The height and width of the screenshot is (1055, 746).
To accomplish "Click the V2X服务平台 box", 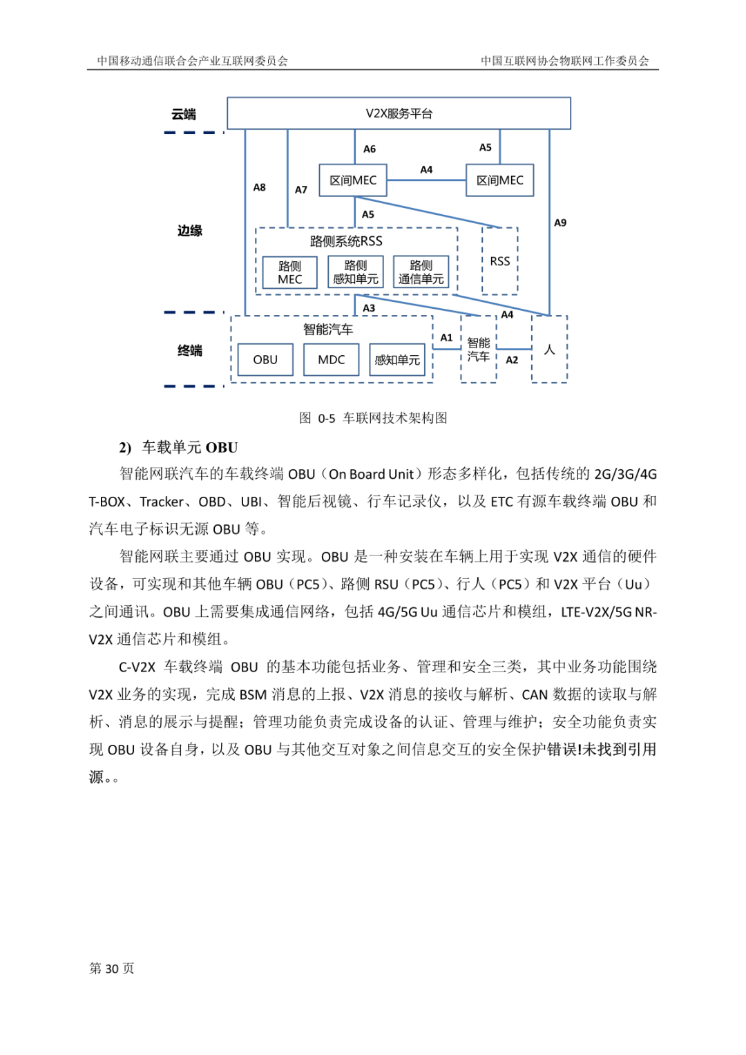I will coord(399,113).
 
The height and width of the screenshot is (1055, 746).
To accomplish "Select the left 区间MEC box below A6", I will coord(353,180).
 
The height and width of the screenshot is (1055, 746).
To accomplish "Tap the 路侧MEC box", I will coord(290,272).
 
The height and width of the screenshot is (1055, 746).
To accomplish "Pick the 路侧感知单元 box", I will coord(356,272).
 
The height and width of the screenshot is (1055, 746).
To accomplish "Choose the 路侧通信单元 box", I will coord(421,272).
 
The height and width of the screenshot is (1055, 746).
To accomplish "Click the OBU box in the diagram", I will coord(265,360).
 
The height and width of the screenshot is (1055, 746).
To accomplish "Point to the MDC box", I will coord(332,360).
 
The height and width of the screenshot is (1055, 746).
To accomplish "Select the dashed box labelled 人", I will coord(549,350).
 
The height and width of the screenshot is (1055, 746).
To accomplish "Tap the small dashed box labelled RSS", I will coord(500,261).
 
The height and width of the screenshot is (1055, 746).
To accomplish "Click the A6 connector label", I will coord(370,149).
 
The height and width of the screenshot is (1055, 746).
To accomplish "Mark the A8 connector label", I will coord(259,187).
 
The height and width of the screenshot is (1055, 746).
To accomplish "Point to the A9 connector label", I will coord(560,222).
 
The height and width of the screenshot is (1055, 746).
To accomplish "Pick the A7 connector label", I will coord(301,189).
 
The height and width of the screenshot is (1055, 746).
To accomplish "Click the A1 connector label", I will coord(447,338).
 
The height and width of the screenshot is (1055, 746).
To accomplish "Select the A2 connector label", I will coord(512,360).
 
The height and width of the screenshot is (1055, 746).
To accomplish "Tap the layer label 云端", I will coord(184,115).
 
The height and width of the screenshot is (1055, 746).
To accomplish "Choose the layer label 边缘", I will coord(189,231).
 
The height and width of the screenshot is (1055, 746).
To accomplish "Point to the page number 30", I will coord(112,969).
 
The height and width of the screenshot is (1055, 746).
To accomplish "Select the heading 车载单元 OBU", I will coord(189,448).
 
